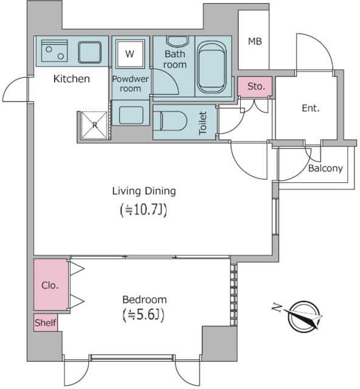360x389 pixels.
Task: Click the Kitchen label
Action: click(72, 79)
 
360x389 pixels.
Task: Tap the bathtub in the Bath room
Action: click(212, 67)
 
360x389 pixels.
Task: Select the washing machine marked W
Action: click(130, 54)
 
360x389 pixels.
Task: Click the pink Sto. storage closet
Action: click(255, 86)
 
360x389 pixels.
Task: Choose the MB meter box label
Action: click(255, 41)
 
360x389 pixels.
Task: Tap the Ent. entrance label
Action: click(311, 108)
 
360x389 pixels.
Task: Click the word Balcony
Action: click(325, 168)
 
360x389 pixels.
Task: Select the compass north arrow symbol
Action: click(301, 316)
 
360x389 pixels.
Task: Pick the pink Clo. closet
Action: click(50, 284)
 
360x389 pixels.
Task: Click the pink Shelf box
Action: click(46, 323)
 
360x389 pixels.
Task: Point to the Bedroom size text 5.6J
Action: click(144, 315)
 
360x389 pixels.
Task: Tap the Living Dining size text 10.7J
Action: click(144, 210)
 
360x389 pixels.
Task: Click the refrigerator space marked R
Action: click(95, 125)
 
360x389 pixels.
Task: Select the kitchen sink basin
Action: click(90, 53)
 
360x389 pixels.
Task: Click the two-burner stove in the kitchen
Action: click(54, 50)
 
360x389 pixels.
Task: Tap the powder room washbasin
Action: click(131, 115)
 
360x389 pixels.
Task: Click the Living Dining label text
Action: click(144, 191)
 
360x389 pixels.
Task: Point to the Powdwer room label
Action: click(130, 84)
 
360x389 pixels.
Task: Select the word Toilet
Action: click(203, 123)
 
